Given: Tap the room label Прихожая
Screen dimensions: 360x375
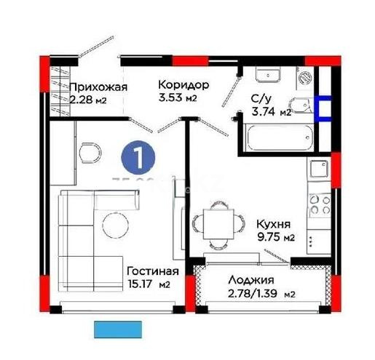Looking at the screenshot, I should click(x=99, y=87).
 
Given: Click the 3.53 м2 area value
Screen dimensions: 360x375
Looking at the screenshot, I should click(x=178, y=98).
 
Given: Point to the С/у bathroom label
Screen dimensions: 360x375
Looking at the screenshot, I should click(x=261, y=98).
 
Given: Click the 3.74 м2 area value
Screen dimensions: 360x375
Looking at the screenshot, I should click(x=270, y=112).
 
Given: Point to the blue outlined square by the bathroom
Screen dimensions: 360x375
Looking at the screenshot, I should click(x=323, y=108).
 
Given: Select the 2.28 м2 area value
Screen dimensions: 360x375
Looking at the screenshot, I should click(x=87, y=100).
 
